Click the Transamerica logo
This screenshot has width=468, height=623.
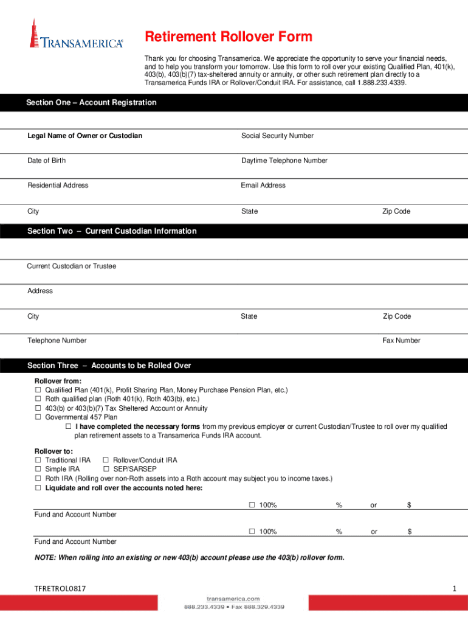76,35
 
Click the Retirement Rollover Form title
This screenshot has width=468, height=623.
229,37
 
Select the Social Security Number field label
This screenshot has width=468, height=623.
277,136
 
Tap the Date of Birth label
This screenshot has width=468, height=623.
47,161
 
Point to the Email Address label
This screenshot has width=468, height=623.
263,186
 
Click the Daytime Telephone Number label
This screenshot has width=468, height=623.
284,161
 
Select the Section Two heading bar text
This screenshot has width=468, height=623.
112,231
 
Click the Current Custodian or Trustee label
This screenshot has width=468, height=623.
72,266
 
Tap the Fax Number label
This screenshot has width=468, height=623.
401,341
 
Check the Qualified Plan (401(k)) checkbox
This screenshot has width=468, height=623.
38,390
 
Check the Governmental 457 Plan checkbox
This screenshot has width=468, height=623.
38,417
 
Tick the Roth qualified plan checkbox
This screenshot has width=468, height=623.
38,399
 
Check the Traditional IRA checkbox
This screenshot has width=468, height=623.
38,461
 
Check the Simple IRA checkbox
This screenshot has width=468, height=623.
38,470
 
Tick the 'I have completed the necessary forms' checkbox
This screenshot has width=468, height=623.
68,427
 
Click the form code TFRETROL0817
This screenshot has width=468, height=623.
60,588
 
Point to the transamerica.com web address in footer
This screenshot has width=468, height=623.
233,599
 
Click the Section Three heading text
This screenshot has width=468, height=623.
109,366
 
